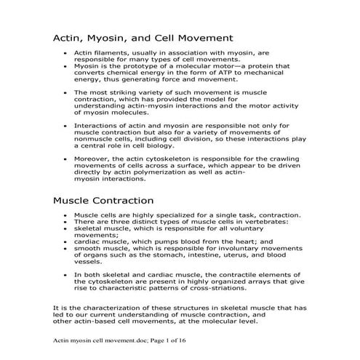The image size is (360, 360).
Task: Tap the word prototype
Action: coord(139,65)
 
